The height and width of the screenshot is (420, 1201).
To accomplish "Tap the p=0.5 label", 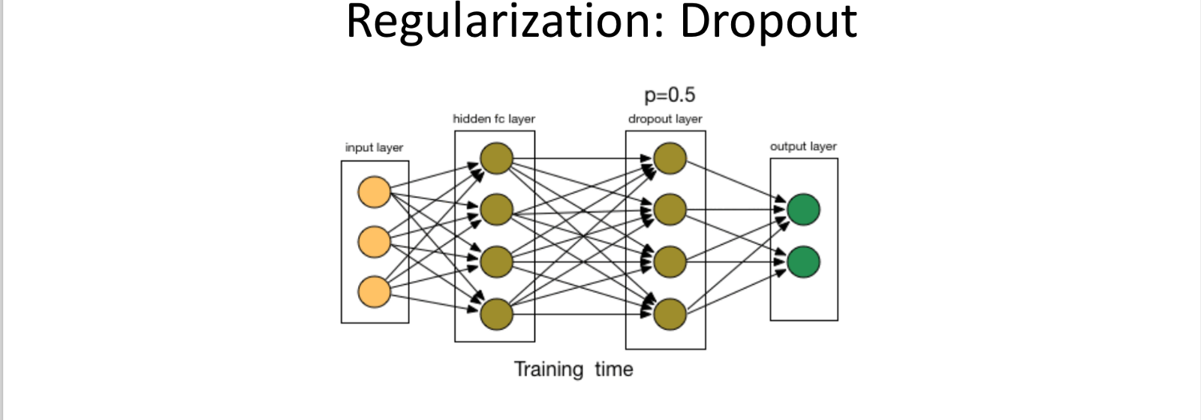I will pos(670,95).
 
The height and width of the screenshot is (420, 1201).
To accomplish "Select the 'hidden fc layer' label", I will pos(494,119).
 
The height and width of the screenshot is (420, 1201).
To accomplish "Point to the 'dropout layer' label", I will pos(665,119).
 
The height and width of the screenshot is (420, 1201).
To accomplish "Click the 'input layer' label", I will pos(374,147).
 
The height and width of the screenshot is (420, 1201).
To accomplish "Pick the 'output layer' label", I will pos(803,147).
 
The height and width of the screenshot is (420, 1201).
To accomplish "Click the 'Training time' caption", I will pos(573,369).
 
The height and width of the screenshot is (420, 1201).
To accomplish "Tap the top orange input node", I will pos(374,192).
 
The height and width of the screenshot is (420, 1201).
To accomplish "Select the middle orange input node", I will pos(374,242).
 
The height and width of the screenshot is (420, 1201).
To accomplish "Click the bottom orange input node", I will pos(374,292).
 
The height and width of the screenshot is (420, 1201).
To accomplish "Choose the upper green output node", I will pos(803,210).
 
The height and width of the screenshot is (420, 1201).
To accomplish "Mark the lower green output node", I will pos(803,261).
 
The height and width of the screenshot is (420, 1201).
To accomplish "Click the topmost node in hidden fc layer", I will pos(496,159).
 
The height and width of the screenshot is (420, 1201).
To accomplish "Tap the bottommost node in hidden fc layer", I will pos(496,313).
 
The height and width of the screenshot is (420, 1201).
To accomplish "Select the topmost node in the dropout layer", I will pos(670,159).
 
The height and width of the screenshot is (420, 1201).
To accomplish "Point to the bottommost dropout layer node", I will pos(670,313).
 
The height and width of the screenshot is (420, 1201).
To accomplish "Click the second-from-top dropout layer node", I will pos(670,210).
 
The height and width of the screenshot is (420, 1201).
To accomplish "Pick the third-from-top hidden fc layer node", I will pos(496,261).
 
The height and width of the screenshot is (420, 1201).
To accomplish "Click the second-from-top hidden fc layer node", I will pos(496,210).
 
